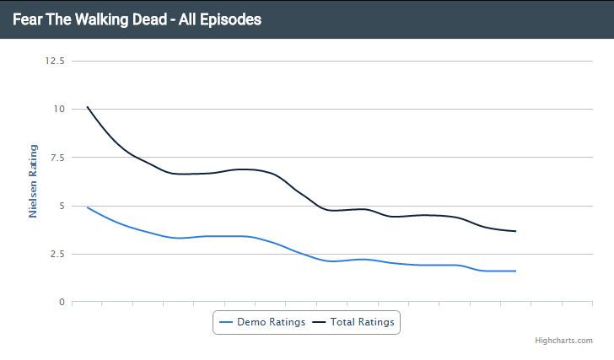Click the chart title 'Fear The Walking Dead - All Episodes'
pyautogui.click(x=137, y=19)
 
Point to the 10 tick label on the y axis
pyautogui.click(x=59, y=109)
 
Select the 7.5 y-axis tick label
pyautogui.click(x=57, y=157)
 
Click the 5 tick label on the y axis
pyautogui.click(x=62, y=206)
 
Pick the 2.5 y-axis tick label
pyautogui.click(x=57, y=254)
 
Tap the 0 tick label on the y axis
pyautogui.click(x=62, y=302)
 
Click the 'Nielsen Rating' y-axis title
pyautogui.click(x=33, y=181)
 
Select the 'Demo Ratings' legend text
pyautogui.click(x=271, y=321)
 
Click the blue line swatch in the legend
pyautogui.click(x=225, y=321)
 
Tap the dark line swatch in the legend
pyautogui.click(x=319, y=321)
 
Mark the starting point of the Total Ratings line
pyautogui.click(x=87, y=107)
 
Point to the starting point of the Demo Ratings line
pyautogui.click(x=87, y=207)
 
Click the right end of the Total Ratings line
pyautogui.click(x=515, y=231)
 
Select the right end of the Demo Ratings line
pyautogui.click(x=515, y=271)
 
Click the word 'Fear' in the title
pyautogui.click(x=28, y=19)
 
